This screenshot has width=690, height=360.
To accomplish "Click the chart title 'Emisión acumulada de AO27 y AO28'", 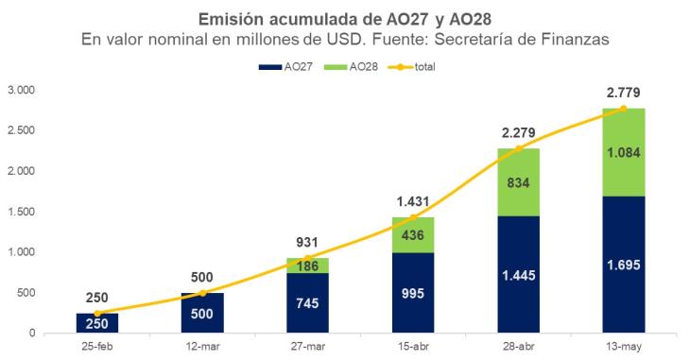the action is pyautogui.click(x=345, y=19).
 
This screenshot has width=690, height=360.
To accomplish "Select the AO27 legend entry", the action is pyautogui.click(x=285, y=67).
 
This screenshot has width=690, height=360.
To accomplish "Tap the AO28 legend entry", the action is pyautogui.click(x=351, y=67).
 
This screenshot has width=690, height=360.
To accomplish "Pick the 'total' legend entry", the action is pyautogui.click(x=411, y=67).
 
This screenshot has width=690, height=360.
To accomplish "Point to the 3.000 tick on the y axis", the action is pyautogui.click(x=21, y=90).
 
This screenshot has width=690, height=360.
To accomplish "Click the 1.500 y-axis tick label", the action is pyautogui.click(x=21, y=212).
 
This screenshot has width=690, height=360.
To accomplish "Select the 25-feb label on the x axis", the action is pyautogui.click(x=97, y=347).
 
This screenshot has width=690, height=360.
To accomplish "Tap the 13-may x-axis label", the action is pyautogui.click(x=624, y=347).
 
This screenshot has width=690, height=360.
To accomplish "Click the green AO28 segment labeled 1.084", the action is pyautogui.click(x=624, y=152).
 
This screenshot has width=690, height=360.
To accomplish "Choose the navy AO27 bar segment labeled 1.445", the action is pyautogui.click(x=518, y=274).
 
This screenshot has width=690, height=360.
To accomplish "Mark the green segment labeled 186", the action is pyautogui.click(x=307, y=266).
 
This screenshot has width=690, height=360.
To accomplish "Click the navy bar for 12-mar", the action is pyautogui.click(x=202, y=313).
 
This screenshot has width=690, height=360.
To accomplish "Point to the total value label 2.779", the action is pyautogui.click(x=624, y=93).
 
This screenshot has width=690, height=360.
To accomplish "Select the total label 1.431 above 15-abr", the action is pyautogui.click(x=413, y=201).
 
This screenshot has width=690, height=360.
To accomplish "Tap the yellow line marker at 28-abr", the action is pyautogui.click(x=518, y=148).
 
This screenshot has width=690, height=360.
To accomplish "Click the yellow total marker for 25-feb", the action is pyautogui.click(x=97, y=314).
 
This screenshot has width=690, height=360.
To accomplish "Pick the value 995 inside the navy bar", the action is pyautogui.click(x=413, y=293).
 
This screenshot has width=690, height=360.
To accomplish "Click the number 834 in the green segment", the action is pyautogui.click(x=518, y=182).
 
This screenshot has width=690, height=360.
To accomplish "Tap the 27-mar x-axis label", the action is pyautogui.click(x=307, y=347).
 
